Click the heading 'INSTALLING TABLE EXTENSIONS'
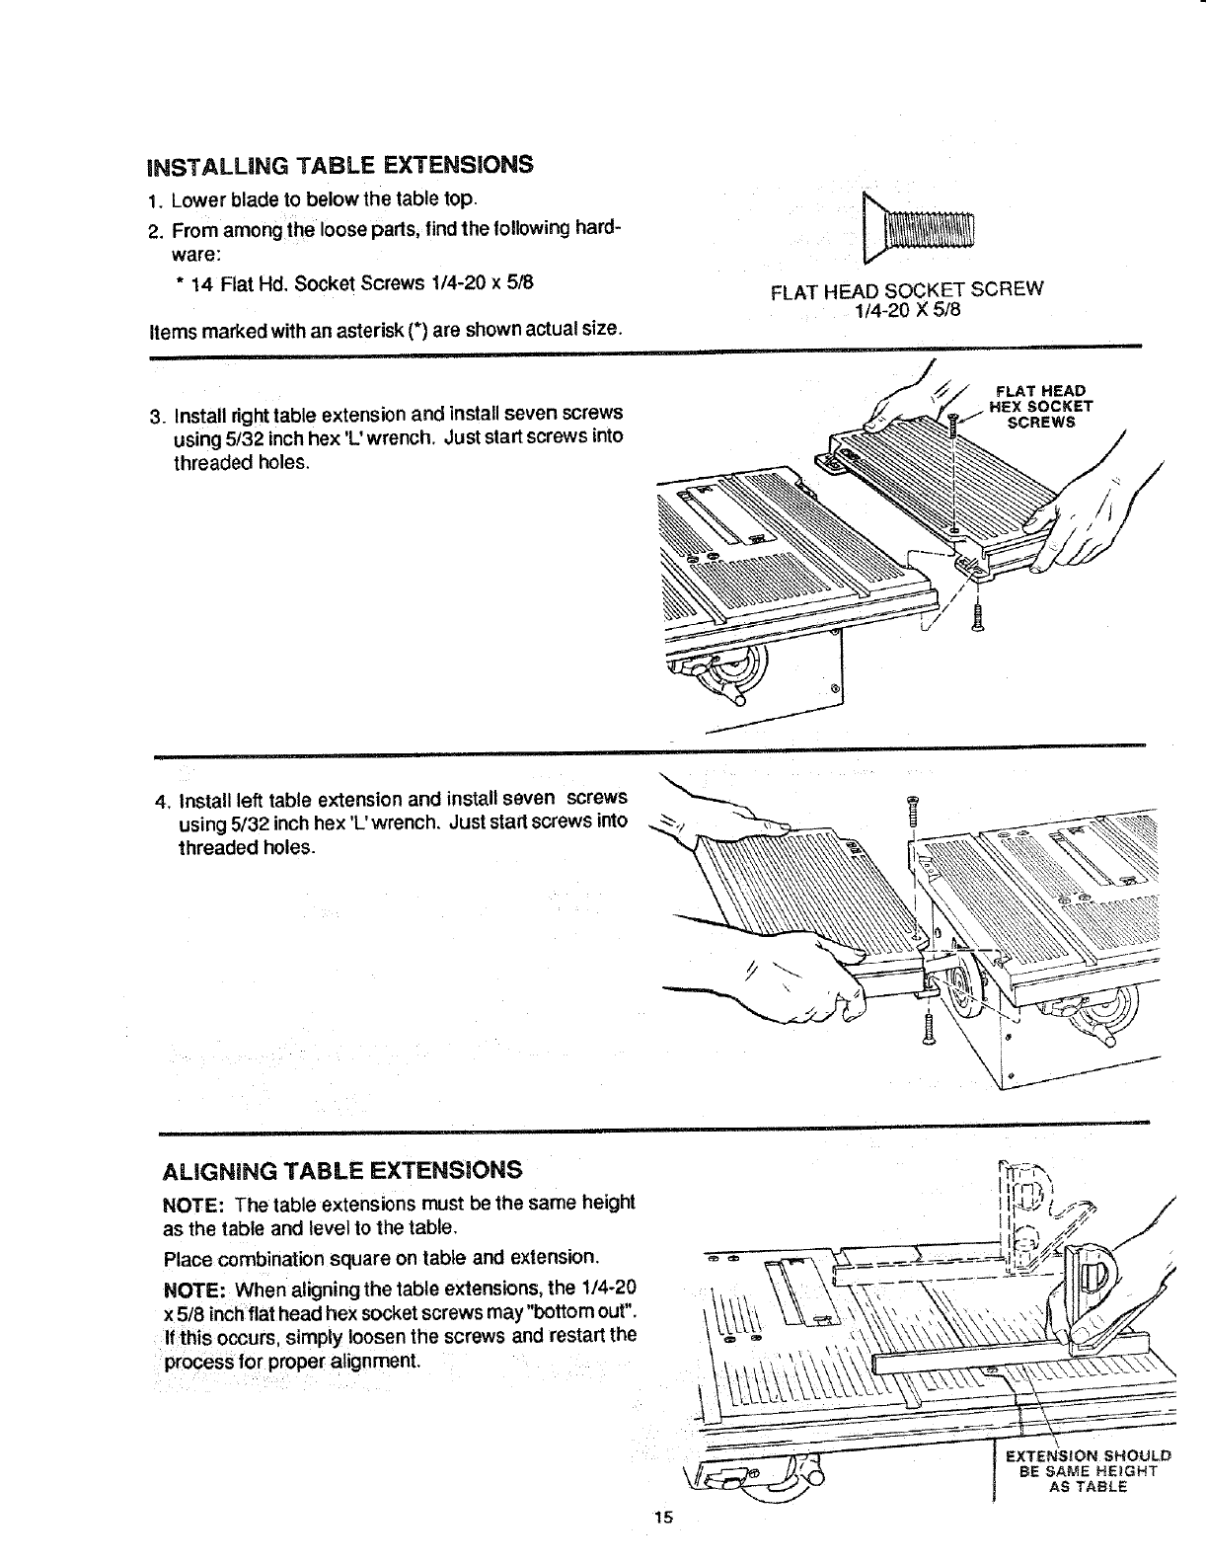339,164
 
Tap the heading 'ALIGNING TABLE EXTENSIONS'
341,1170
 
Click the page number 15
661,1518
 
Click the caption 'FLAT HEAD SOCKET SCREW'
906,289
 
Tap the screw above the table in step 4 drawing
912,811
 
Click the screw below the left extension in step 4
928,1030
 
